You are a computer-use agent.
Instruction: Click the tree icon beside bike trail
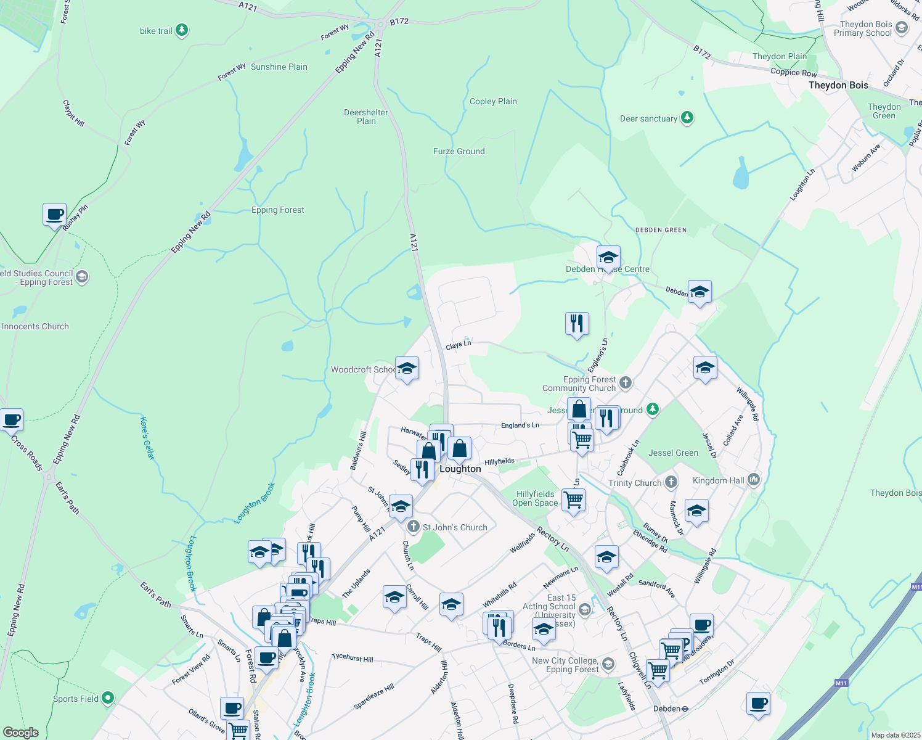click(181, 30)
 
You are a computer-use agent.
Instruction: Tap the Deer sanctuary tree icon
click(687, 118)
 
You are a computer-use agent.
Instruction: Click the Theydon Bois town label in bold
click(838, 85)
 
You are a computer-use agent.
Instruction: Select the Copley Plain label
click(493, 101)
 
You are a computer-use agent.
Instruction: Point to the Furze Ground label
click(459, 151)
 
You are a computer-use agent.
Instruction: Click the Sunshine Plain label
click(279, 67)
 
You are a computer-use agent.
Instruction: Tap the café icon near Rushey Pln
click(55, 215)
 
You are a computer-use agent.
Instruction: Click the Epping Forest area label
click(278, 210)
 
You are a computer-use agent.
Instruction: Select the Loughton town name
click(460, 469)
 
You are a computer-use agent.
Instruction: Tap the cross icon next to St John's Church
click(414, 527)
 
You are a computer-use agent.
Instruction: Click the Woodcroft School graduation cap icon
click(407, 369)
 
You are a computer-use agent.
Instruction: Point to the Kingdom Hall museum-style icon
click(753, 480)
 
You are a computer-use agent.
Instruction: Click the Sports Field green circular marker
click(108, 698)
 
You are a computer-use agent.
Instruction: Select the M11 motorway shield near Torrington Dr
click(841, 683)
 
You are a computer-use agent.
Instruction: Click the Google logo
click(21, 733)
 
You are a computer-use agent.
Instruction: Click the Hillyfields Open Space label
click(535, 498)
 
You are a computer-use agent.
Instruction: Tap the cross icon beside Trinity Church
click(671, 482)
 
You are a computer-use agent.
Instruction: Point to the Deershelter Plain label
click(366, 117)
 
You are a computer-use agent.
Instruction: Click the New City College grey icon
click(608, 664)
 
